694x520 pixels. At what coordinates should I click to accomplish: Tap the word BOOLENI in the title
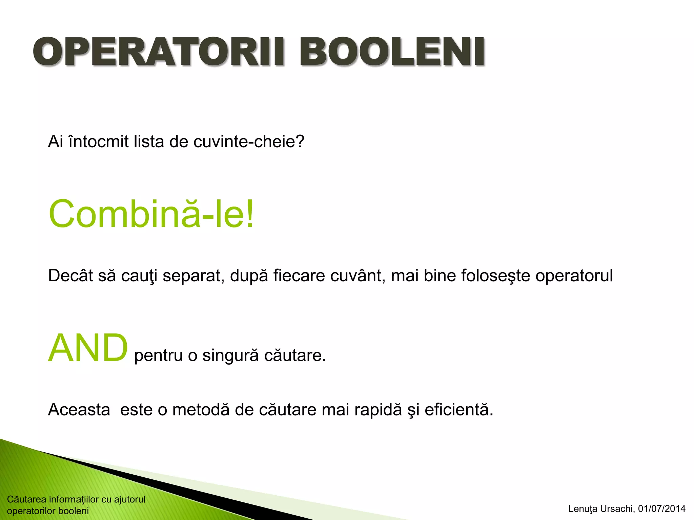click(392, 52)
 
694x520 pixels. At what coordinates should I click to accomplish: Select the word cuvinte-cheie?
click(249, 142)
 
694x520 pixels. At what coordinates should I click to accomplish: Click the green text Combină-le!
click(151, 214)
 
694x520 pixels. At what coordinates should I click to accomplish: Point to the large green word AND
click(88, 348)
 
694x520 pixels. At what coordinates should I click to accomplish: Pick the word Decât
click(70, 276)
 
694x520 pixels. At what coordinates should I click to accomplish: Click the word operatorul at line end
click(574, 276)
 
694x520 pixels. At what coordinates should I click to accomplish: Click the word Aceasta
click(79, 410)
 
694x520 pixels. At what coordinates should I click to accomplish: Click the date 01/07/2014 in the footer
click(662, 509)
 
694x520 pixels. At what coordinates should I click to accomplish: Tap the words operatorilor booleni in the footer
click(48, 511)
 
